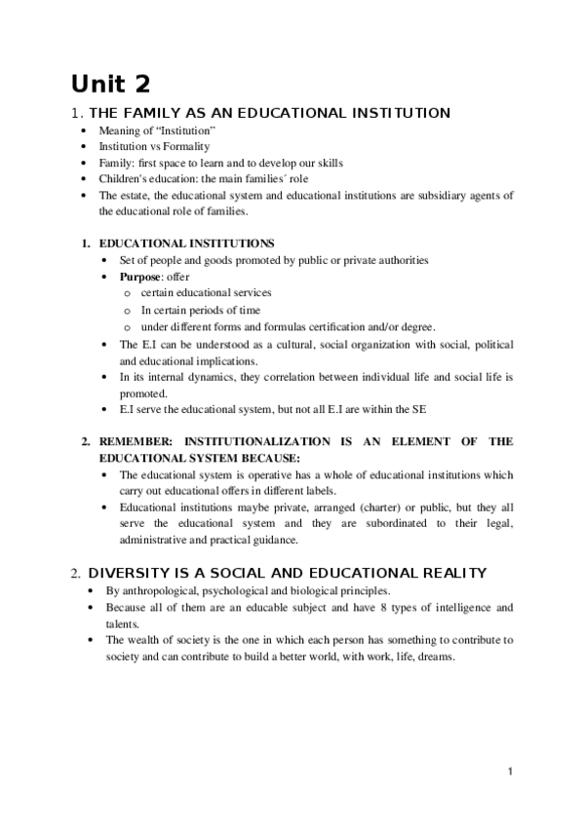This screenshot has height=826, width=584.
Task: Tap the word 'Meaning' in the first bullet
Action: click(121, 131)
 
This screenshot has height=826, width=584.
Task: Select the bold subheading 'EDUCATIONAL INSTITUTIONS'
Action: click(187, 243)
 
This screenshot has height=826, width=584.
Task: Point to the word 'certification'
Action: click(333, 326)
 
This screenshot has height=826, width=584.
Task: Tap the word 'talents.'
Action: click(123, 623)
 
